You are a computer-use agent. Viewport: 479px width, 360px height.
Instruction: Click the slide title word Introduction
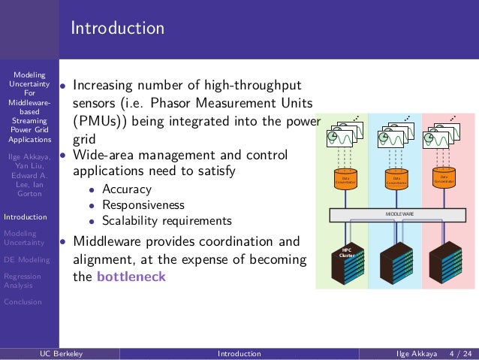click(117, 29)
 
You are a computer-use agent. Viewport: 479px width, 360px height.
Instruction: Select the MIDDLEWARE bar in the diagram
click(399, 213)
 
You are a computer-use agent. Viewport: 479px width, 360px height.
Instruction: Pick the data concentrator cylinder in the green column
click(346, 179)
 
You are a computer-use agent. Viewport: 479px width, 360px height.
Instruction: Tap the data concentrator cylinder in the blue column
click(396, 179)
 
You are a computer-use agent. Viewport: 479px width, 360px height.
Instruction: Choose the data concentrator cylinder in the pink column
click(444, 177)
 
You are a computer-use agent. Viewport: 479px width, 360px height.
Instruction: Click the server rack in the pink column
click(448, 261)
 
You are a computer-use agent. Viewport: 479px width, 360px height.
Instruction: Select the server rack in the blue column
click(398, 262)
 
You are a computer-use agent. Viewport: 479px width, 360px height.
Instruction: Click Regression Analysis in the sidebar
click(23, 280)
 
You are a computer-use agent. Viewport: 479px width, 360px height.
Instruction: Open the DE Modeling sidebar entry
click(26, 259)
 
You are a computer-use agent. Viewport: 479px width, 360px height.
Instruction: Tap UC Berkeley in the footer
click(62, 353)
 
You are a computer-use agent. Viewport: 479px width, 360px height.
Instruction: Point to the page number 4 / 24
click(459, 353)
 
